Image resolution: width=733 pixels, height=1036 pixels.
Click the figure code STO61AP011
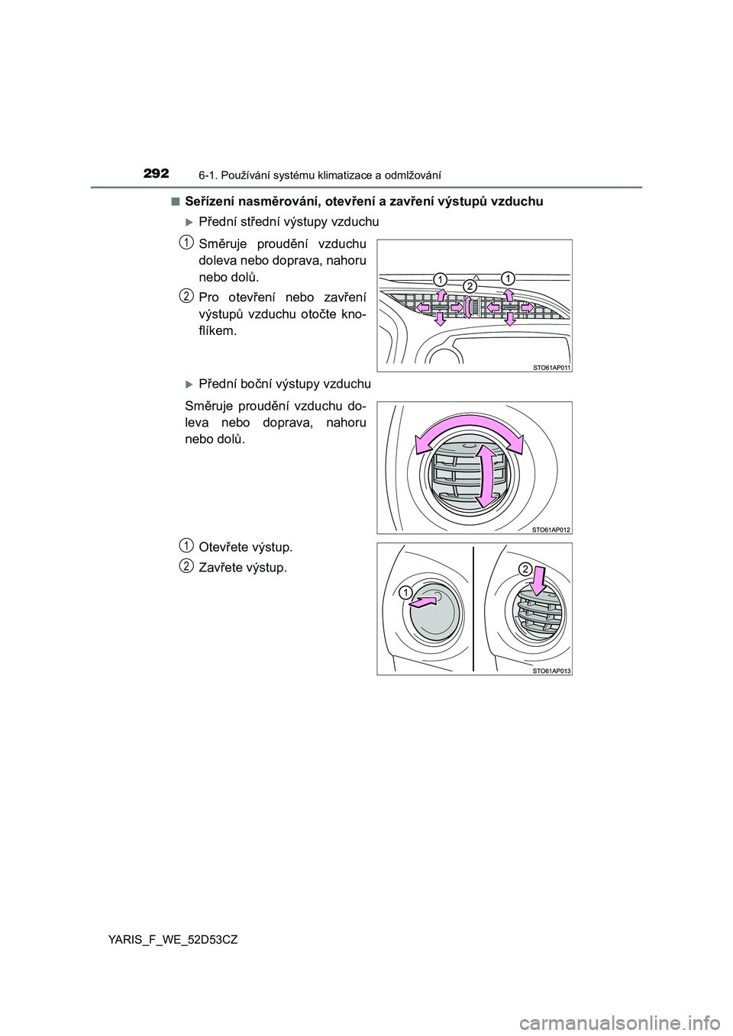click(551, 367)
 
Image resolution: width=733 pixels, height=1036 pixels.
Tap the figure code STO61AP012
click(551, 529)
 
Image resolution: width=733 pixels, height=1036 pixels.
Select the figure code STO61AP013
click(551, 671)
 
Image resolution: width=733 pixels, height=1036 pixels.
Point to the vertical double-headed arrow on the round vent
click(483, 476)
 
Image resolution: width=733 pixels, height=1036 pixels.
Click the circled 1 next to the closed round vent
click(404, 592)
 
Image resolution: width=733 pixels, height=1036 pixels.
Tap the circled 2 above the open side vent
click(525, 568)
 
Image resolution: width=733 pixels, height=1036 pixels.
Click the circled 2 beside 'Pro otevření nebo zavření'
click(186, 294)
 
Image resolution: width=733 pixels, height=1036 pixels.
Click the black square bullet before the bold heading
click(176, 201)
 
